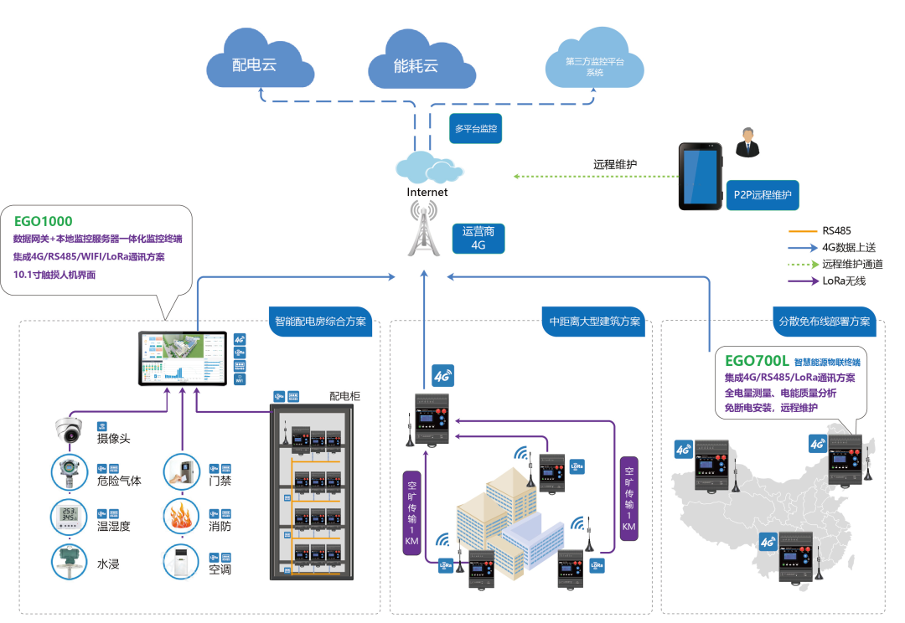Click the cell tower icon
[427, 230]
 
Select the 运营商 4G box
[478, 239]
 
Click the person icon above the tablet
[746, 144]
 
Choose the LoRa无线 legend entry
[841, 281]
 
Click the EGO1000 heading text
[43, 222]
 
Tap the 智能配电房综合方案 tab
[321, 322]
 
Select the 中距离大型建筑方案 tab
[595, 322]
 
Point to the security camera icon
[68, 430]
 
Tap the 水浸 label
[109, 564]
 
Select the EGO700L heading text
[757, 361]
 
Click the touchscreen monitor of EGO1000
[183, 359]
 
